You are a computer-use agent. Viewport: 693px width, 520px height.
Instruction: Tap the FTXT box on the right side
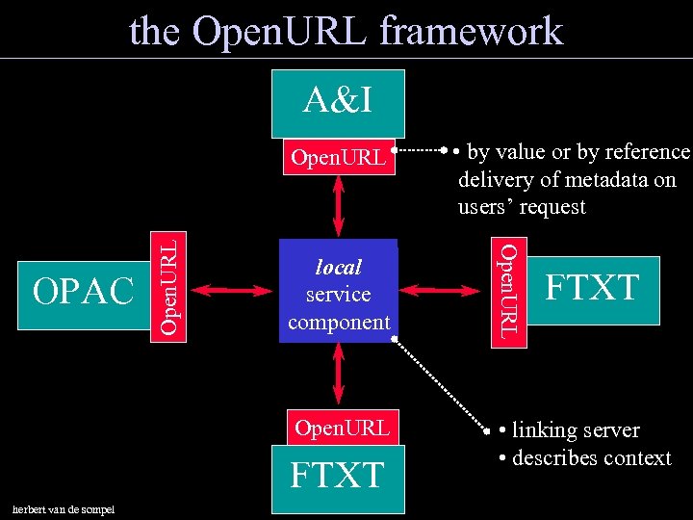(594, 289)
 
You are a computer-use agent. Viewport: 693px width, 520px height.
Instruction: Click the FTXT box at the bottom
(338, 477)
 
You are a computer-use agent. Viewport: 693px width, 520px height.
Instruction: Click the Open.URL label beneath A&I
(339, 157)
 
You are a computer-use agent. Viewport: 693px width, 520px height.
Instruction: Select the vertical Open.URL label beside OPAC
(169, 287)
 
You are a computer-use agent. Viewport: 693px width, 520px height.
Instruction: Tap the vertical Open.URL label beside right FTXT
(510, 289)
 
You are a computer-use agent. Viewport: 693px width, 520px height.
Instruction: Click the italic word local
(339, 267)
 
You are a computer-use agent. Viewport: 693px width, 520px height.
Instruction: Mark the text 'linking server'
(575, 429)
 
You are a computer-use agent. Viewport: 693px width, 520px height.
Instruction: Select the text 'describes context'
(590, 457)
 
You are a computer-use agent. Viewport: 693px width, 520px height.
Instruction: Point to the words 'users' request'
(522, 207)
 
